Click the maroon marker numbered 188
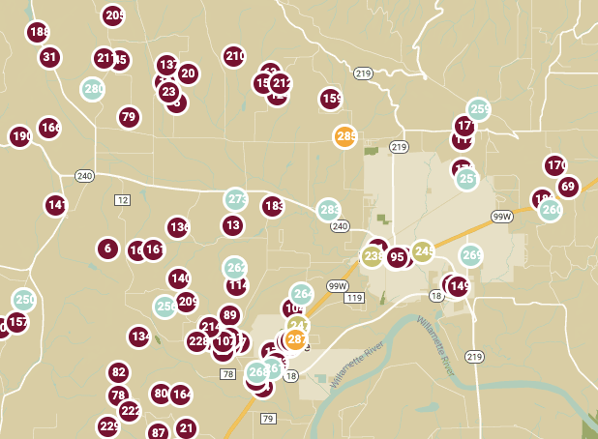click(39, 32)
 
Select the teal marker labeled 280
click(93, 89)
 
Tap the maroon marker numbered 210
click(234, 56)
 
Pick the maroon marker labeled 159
click(331, 98)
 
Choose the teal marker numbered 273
click(236, 199)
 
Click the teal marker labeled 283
click(329, 210)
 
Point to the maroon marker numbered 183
click(273, 206)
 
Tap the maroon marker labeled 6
click(107, 249)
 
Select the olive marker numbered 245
click(423, 251)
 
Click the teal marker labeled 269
click(470, 255)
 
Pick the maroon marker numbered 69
click(567, 187)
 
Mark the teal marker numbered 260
click(551, 210)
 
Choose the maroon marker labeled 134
click(139, 337)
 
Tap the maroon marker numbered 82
click(118, 372)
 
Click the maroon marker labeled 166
click(49, 128)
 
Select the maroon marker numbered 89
click(229, 314)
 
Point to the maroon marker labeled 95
click(397, 257)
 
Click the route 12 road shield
click(121, 200)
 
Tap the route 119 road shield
click(353, 298)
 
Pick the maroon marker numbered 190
click(20, 136)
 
